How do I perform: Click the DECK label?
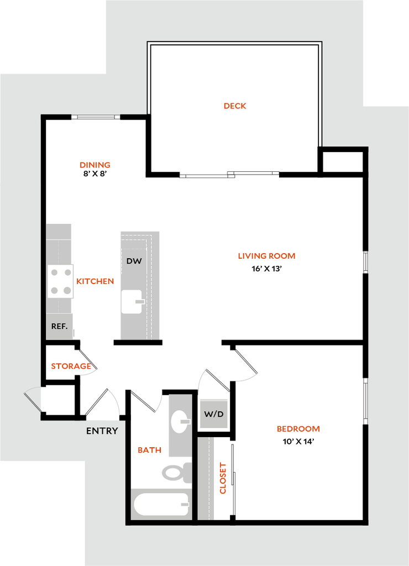(235, 106)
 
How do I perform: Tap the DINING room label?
(95, 165)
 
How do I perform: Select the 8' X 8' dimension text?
(95, 174)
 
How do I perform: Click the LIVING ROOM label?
(266, 256)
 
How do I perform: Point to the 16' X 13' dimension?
(266, 269)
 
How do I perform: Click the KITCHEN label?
(95, 281)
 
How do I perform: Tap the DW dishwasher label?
(134, 261)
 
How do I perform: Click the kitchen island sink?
(132, 301)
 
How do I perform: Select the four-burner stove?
(60, 281)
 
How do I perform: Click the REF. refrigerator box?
(60, 326)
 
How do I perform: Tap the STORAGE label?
(71, 366)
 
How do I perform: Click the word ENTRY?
(102, 431)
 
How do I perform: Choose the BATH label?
(149, 450)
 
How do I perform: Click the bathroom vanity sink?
(180, 421)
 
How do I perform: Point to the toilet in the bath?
(177, 472)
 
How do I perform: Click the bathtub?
(162, 504)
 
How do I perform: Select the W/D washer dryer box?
(214, 414)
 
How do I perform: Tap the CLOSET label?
(223, 478)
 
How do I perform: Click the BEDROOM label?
(298, 429)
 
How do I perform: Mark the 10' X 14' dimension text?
(298, 442)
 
